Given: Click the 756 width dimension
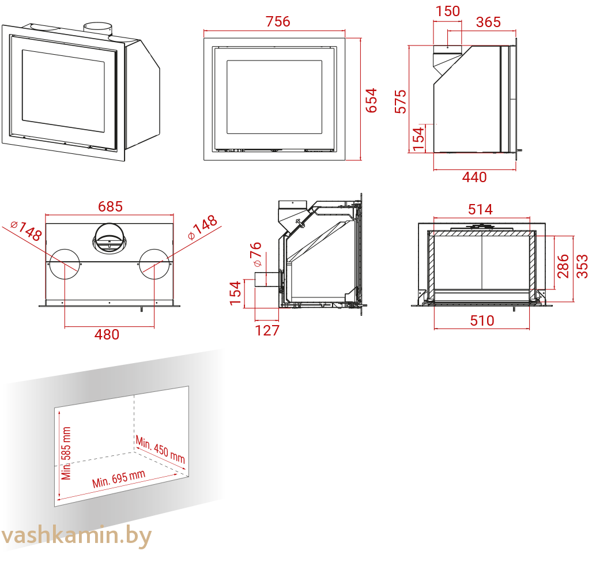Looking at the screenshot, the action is pos(278,21).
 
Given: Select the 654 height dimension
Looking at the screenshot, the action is pos(371,100).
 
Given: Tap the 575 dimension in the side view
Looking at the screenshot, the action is pos(401,101).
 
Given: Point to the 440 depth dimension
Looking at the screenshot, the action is pos(474,178).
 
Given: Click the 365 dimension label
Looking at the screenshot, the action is pos(488,22).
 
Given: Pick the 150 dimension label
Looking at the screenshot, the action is pos(448,12).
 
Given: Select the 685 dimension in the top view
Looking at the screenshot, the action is pos(110,206).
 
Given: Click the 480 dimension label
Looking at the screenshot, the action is pos(107,334).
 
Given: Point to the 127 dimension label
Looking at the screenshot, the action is pos(267,330).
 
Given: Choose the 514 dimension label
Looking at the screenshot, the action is pos(481,210).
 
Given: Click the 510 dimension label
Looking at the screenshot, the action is pos(482,320).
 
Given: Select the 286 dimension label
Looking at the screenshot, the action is pos(563,266).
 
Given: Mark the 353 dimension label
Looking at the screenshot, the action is pos(582,266).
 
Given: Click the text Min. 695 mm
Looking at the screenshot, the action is pos(119,479).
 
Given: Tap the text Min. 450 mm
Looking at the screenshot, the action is pos(160,450).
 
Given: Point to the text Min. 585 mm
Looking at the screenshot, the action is pos(66,453).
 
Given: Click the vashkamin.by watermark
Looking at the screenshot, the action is pos(76,536).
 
